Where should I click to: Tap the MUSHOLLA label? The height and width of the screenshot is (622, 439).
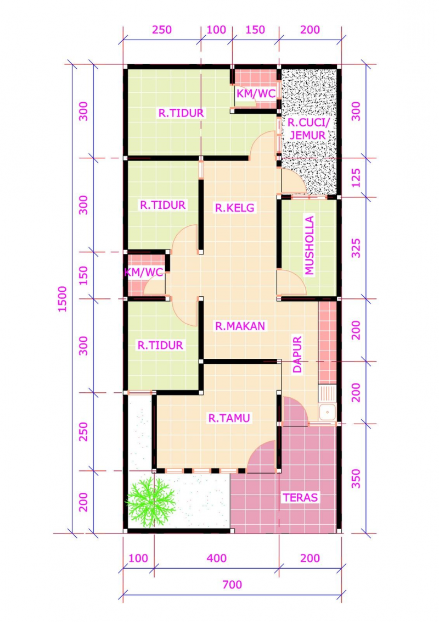[x=310, y=245]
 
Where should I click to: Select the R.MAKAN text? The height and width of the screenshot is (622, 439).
[x=240, y=326]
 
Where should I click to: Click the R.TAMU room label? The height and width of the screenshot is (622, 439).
[x=229, y=418]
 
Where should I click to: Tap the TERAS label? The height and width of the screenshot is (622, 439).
[x=300, y=498]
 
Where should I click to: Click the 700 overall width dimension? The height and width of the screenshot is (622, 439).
[x=232, y=585]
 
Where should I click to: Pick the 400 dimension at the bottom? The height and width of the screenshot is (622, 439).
[x=217, y=559]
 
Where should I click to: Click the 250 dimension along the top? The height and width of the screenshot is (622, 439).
[x=162, y=30]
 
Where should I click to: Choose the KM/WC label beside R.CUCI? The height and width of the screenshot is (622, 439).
[x=256, y=94]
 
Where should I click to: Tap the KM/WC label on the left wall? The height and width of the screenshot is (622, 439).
[x=144, y=273]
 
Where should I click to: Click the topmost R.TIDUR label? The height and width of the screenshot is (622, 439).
[x=181, y=113]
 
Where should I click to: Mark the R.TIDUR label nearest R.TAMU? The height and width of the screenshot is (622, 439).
[x=160, y=346]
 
